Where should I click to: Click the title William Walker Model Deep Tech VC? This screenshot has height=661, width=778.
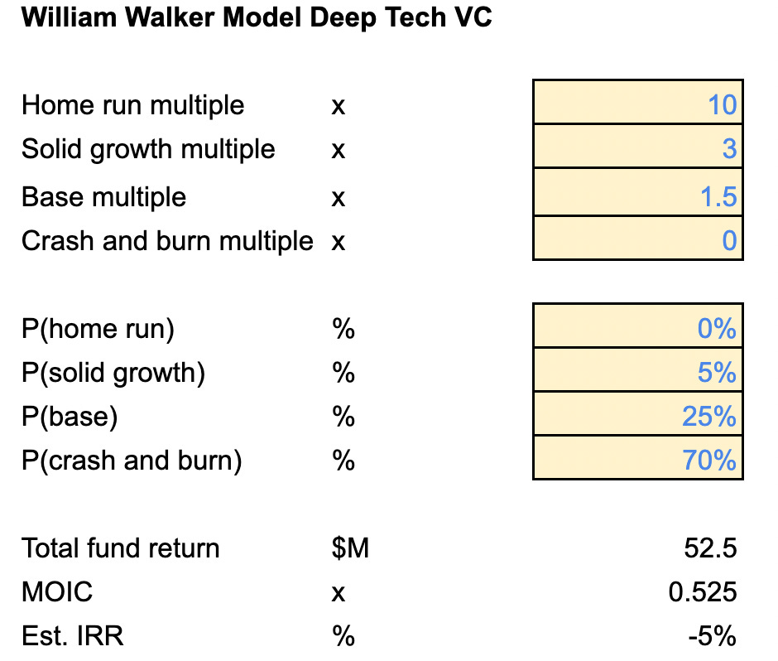coord(256,18)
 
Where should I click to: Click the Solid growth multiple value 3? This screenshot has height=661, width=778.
coord(728,149)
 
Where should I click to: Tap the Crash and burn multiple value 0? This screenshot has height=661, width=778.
coord(728,241)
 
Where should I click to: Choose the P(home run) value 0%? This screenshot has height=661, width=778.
coord(717,329)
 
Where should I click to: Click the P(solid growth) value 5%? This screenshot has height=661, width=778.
coord(717,373)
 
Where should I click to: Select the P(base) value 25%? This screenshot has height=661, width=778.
coord(709,417)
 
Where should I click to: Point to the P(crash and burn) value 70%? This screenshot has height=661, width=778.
coord(709,460)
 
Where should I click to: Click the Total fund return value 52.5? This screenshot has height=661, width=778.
coord(711,548)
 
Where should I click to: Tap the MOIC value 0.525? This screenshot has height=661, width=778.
coord(703,592)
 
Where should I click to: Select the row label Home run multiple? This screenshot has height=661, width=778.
coord(133,105)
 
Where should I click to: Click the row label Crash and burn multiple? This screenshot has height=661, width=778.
coord(167,241)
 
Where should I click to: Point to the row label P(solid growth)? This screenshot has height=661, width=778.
coord(113,373)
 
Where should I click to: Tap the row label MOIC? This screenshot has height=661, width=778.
coord(57,592)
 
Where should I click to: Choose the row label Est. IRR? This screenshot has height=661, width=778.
coord(73,636)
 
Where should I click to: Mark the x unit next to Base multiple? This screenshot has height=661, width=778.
coord(338,199)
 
